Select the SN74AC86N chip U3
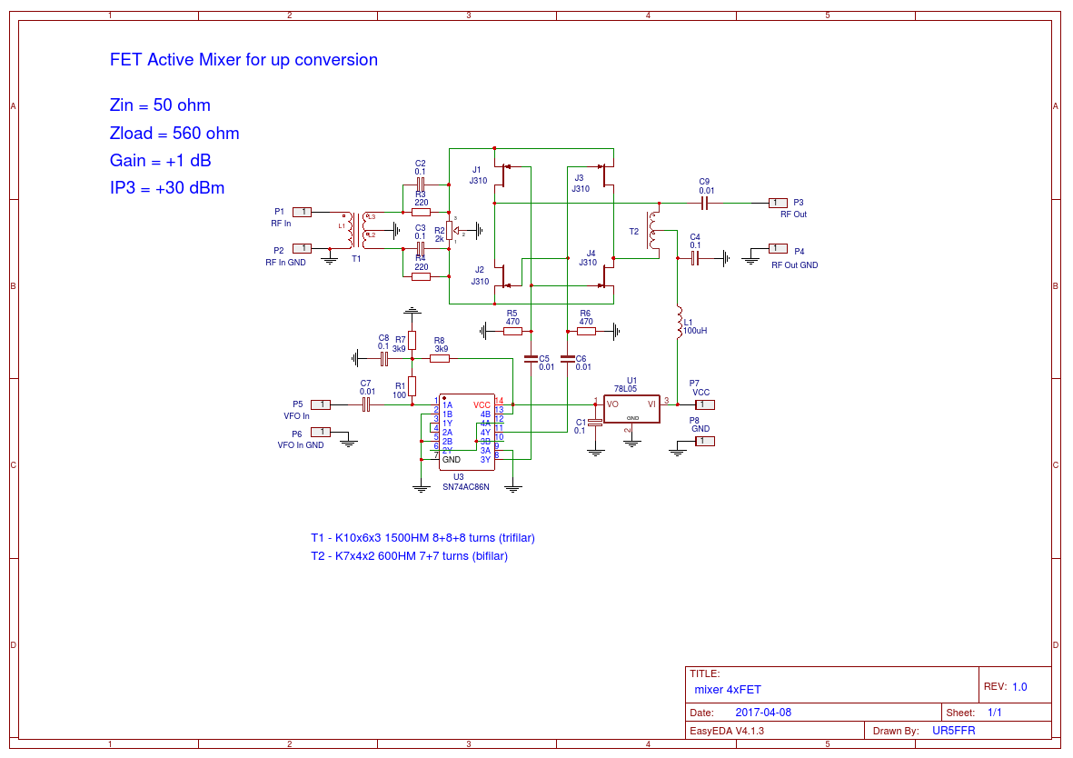point(466,432)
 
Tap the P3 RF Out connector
point(777,202)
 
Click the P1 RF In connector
point(303,212)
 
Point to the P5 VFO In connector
point(321,404)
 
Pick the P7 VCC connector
point(705,404)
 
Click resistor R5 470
point(512,332)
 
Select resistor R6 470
point(586,332)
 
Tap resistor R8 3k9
point(440,359)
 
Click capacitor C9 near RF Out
point(704,202)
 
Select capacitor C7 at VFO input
point(366,404)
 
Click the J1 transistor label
point(477,170)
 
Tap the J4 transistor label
point(591,254)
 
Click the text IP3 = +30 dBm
point(167,188)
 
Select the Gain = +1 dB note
point(160,161)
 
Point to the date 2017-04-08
point(763,713)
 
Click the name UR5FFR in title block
point(954,731)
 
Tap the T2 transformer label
point(634,232)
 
